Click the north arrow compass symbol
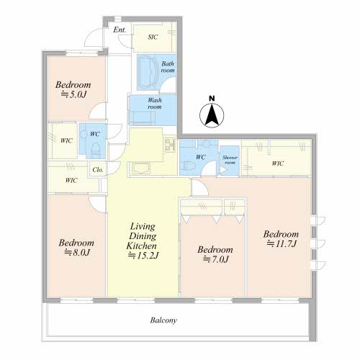pos(212,115)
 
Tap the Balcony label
pos(163,320)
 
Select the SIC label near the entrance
pos(153,37)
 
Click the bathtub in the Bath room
pos(148,72)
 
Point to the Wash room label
pos(155,103)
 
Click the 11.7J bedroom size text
pos(282,244)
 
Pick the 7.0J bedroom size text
pos(216,259)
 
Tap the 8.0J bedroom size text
pos(77,253)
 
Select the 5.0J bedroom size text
pos(73,94)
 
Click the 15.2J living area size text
pos(143,256)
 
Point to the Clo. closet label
pos(98,170)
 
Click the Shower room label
pos(230,160)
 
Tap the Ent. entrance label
pos(120,30)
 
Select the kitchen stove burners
pos(170,144)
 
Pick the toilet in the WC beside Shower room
pos(189,166)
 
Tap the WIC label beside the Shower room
pos(278,163)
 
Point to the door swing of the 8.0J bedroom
pos(97,204)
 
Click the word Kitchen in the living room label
pos(142,246)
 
